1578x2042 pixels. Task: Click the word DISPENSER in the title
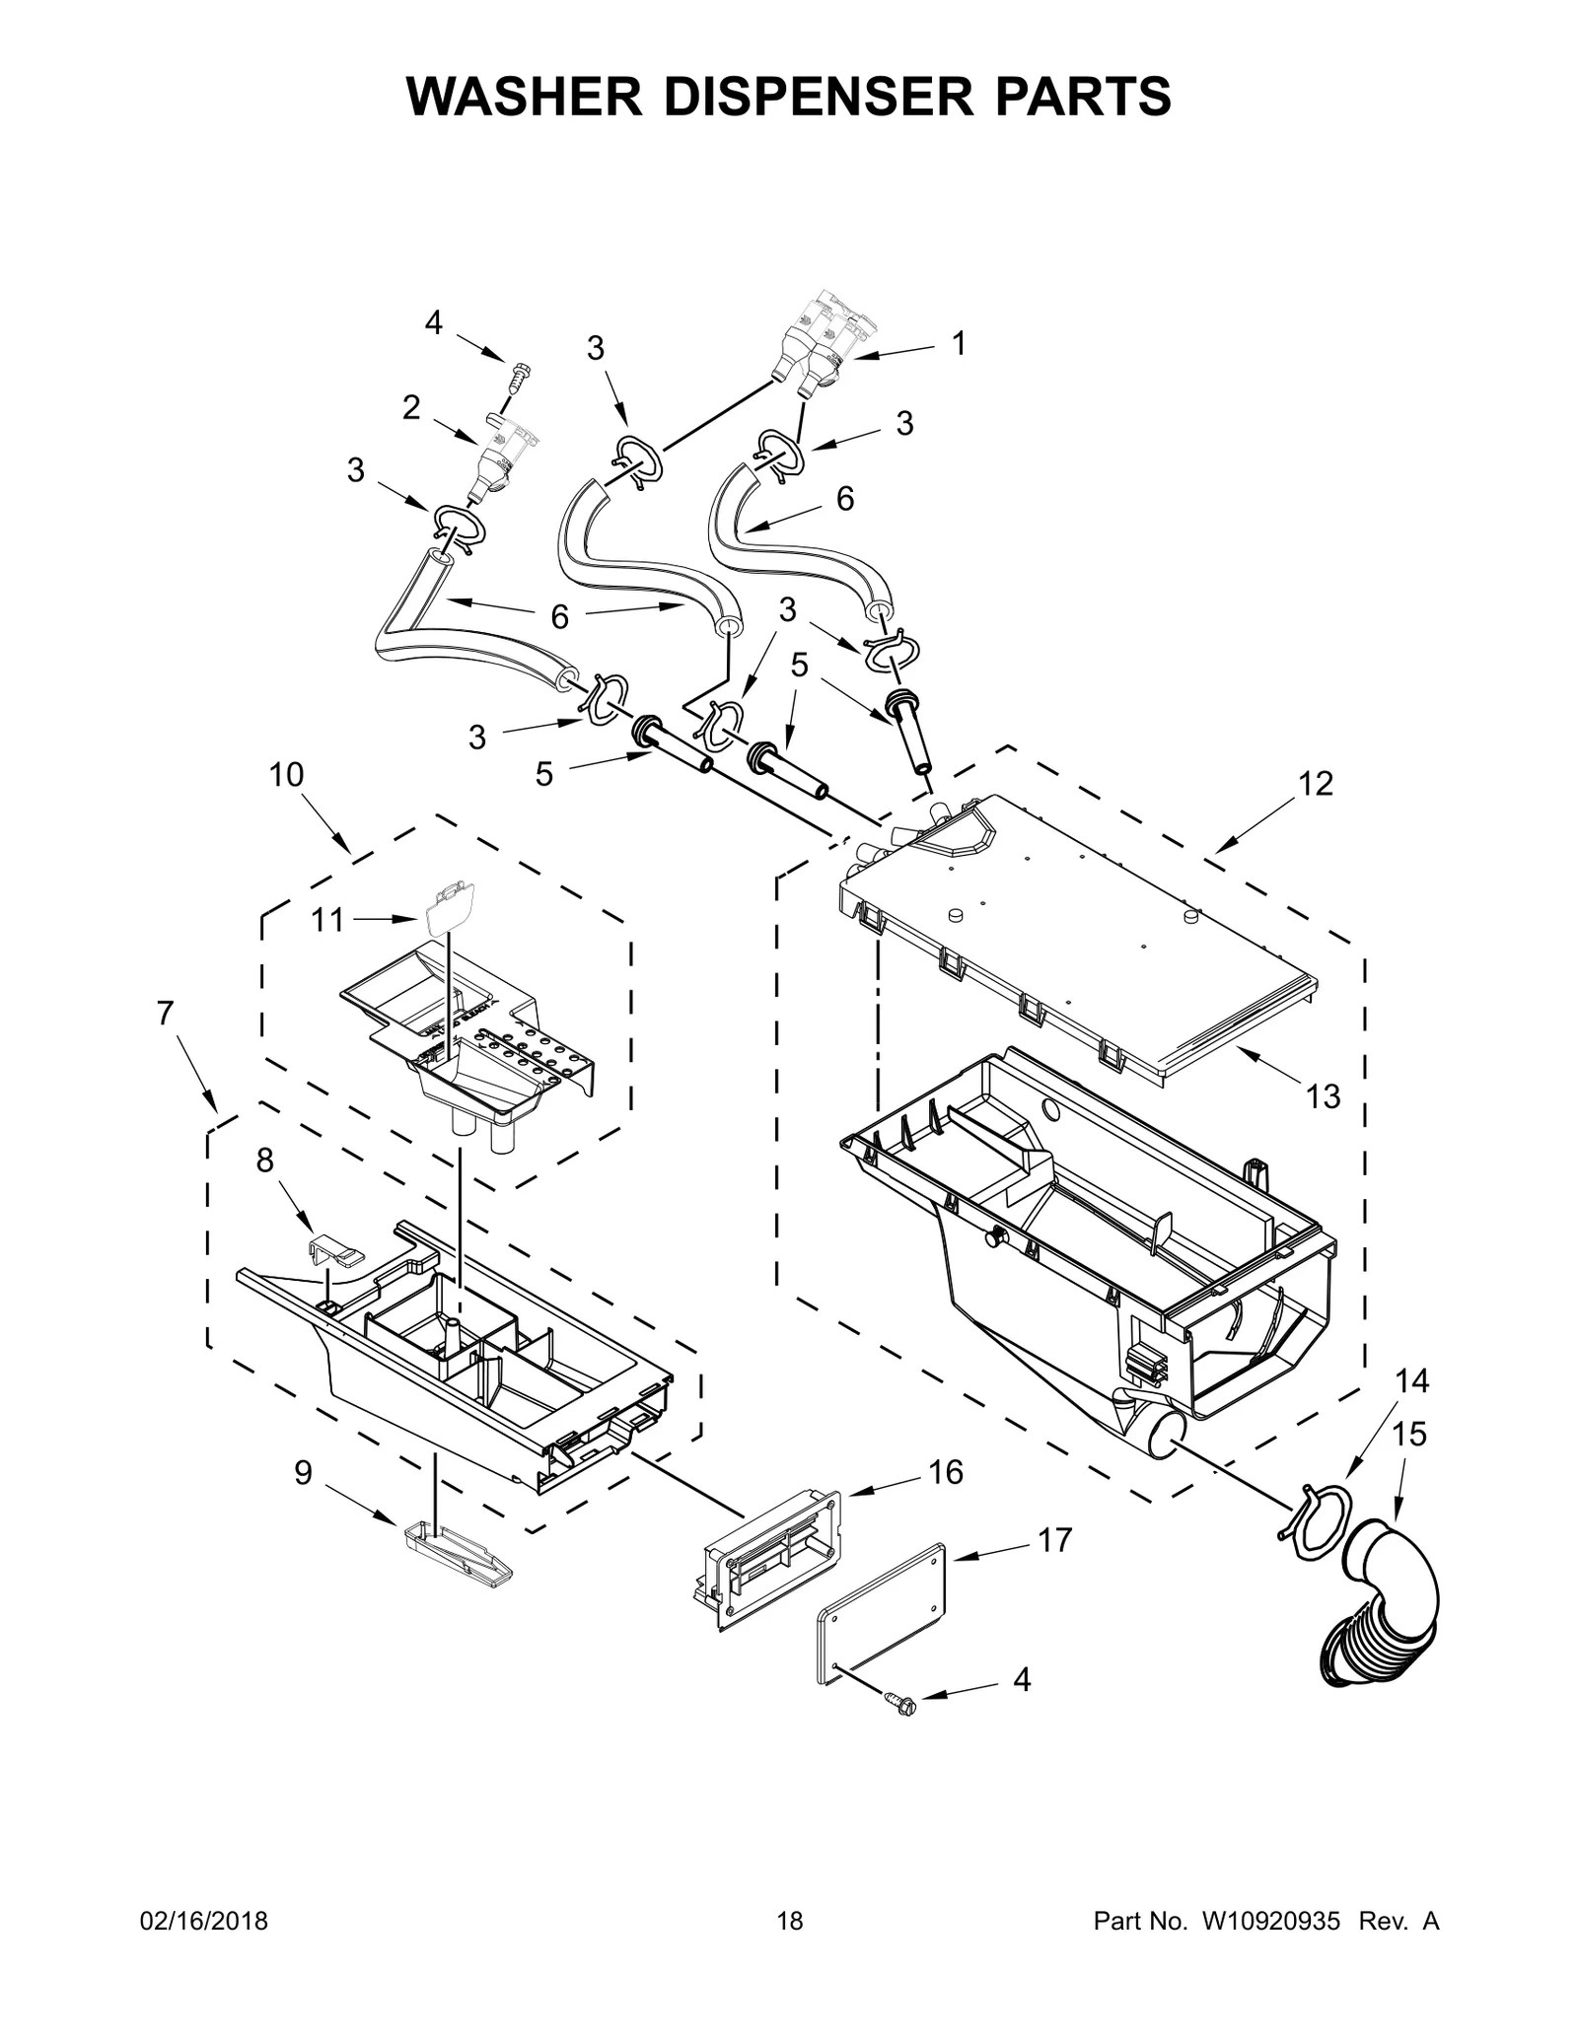tap(789, 96)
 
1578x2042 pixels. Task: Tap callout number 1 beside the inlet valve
tap(957, 343)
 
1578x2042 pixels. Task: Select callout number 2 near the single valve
tap(411, 407)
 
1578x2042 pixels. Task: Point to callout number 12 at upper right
tap(1315, 783)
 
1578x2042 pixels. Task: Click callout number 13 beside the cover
tap(1323, 1095)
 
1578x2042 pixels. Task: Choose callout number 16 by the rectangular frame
tap(945, 1472)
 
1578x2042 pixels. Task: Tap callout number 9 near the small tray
tap(303, 1472)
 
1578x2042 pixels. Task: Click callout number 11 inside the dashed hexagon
tap(327, 920)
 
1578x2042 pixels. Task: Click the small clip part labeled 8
tap(332, 1250)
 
